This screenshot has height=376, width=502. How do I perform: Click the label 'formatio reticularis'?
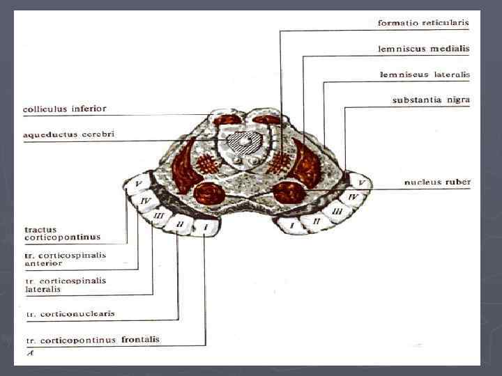[x=423, y=22]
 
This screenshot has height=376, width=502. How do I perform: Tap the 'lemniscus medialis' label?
[x=423, y=49]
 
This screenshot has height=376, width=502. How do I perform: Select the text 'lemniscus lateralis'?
[x=425, y=74]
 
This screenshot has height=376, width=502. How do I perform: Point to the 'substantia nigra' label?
[x=431, y=100]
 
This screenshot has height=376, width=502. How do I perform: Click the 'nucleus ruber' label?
[x=437, y=182]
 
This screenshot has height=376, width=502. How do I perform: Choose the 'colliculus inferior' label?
[x=65, y=109]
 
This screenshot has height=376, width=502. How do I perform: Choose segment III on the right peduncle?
[x=337, y=210]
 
